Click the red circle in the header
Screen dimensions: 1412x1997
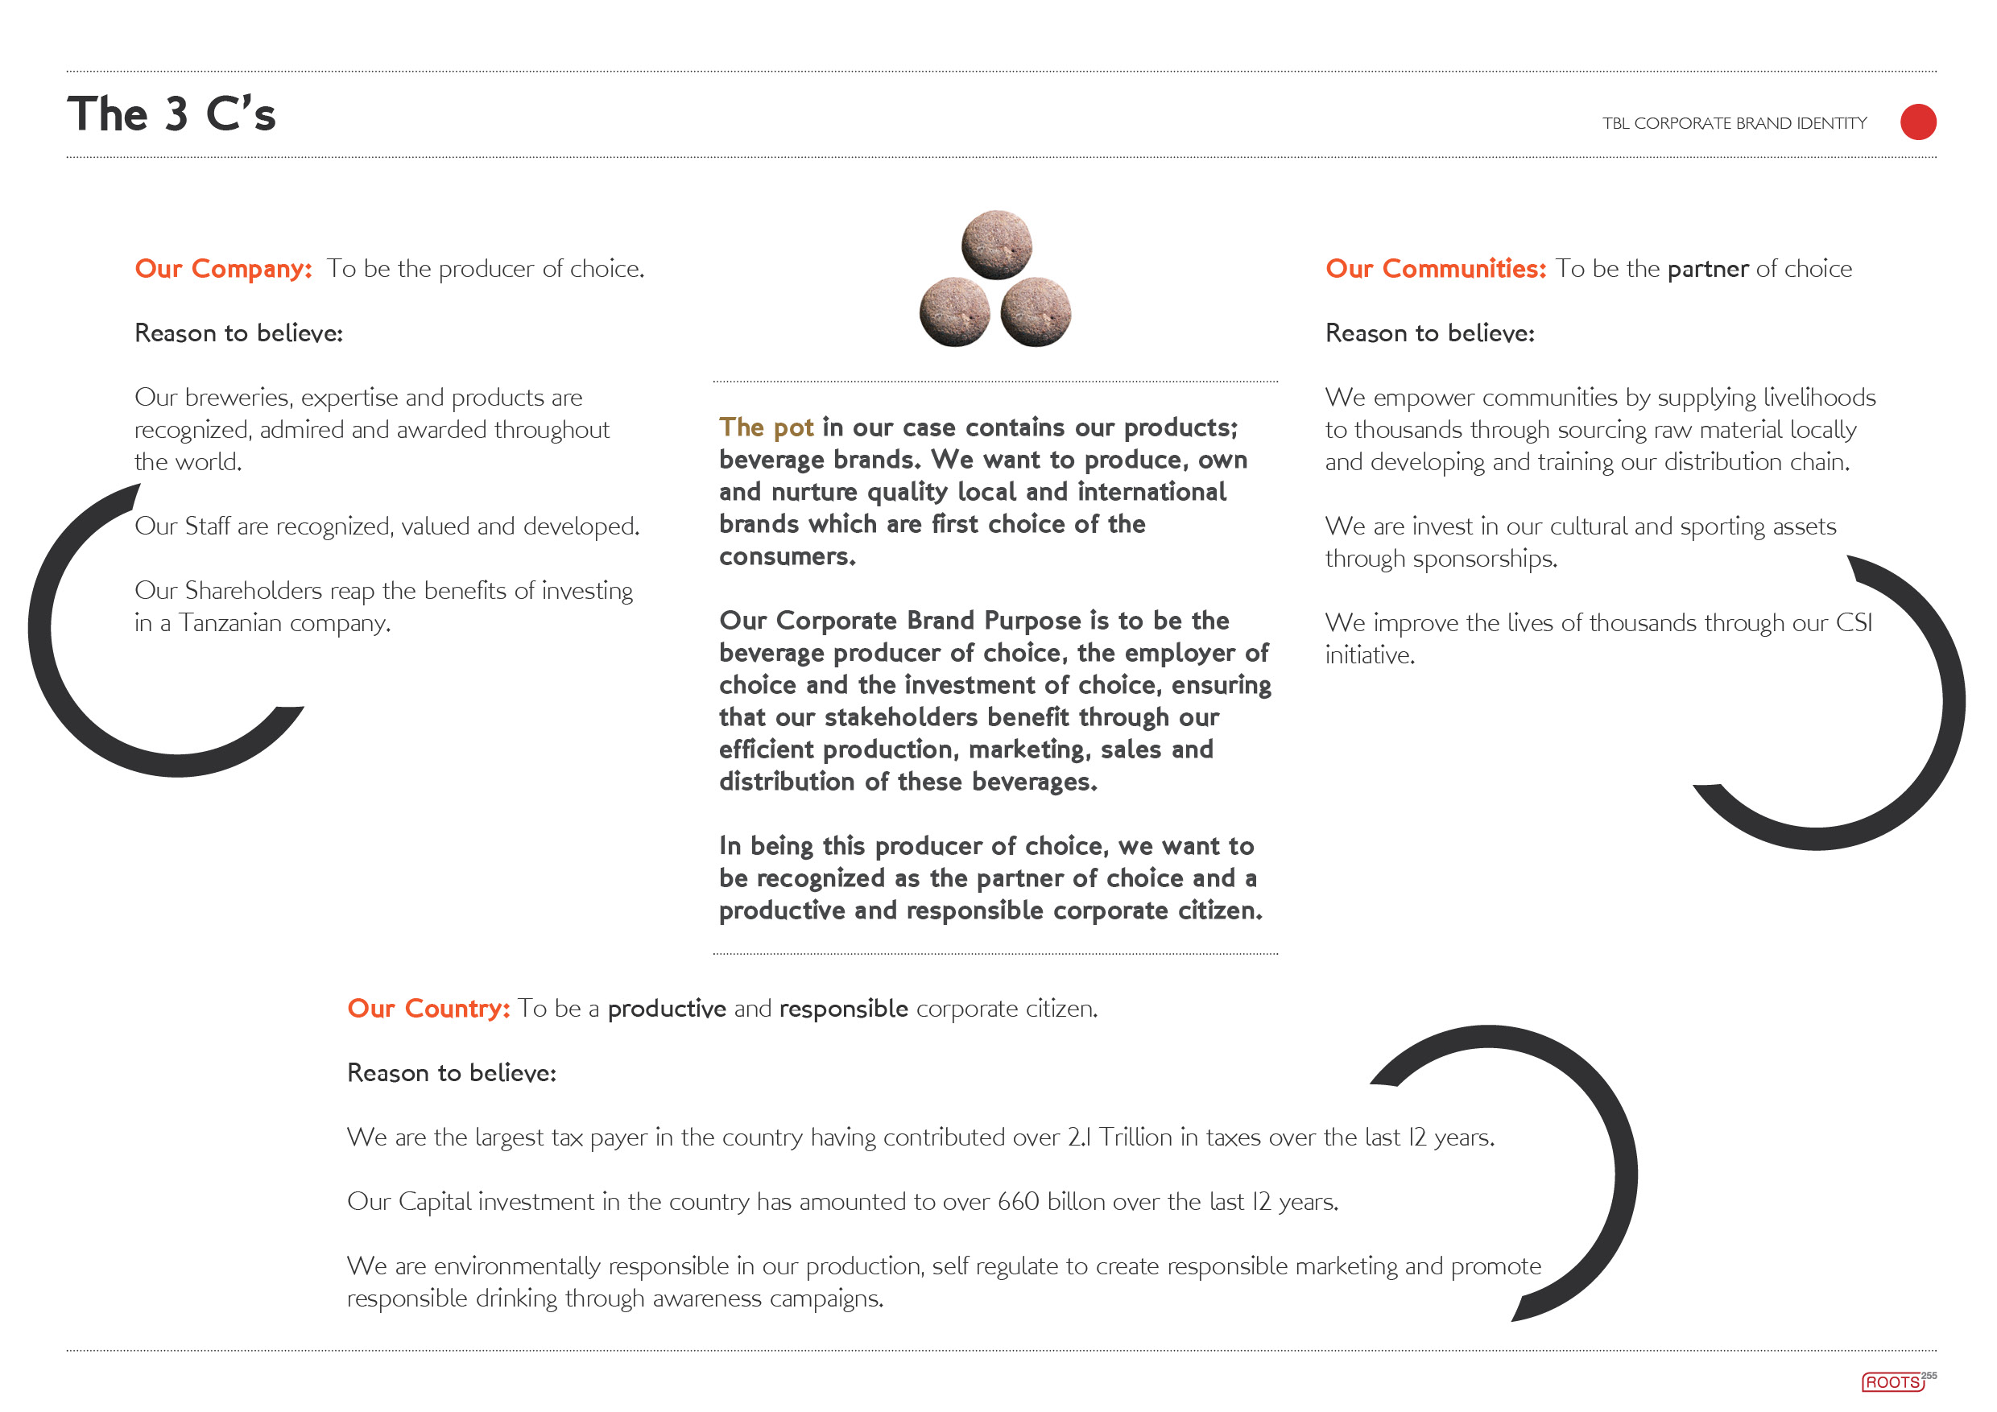(x=1918, y=122)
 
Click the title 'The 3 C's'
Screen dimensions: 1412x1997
(x=172, y=114)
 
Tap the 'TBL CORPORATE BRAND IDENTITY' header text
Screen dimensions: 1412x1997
(x=1734, y=123)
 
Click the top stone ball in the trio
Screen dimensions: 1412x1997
(x=997, y=244)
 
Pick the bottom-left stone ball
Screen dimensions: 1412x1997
(x=955, y=312)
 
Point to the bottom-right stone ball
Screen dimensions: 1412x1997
(x=1036, y=312)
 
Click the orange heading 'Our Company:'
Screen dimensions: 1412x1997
(x=223, y=269)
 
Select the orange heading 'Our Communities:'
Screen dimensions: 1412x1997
(x=1435, y=269)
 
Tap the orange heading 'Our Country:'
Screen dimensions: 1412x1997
(x=428, y=1009)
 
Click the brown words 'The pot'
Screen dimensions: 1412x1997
(x=766, y=427)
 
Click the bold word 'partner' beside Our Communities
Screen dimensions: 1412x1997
(x=1707, y=270)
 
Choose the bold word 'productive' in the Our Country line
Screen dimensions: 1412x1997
(x=666, y=1009)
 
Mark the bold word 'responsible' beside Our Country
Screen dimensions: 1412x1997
(x=843, y=1009)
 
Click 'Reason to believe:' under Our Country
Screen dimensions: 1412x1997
(x=452, y=1073)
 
